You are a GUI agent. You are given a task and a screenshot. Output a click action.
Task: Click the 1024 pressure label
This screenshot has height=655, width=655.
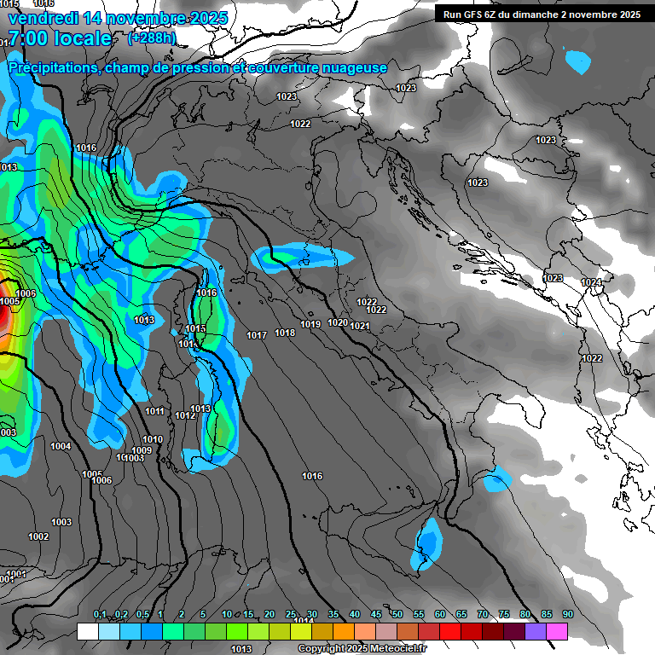point(591,282)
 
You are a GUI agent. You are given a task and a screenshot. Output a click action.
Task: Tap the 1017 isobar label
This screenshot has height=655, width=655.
point(257,335)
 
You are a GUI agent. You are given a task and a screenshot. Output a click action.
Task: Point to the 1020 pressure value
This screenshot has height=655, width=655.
point(338,322)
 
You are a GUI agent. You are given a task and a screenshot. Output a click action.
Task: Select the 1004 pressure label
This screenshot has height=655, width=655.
point(61,446)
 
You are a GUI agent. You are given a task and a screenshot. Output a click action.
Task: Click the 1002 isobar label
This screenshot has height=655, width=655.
point(38,536)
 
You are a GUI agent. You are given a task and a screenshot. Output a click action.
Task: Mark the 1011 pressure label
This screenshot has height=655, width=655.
point(154,411)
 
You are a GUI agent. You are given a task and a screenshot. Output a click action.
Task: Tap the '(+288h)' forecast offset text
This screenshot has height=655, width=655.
point(152,38)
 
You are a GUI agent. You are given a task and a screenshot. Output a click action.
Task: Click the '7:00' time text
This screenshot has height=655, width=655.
point(25,39)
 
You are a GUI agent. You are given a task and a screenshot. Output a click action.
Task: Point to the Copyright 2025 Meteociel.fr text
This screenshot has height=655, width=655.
point(362,648)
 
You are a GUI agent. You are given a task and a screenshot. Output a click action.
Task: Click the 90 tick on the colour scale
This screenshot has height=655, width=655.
point(568,614)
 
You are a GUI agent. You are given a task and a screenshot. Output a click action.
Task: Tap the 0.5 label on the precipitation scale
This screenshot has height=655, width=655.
point(142,614)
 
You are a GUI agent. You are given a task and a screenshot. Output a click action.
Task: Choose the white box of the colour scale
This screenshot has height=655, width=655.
point(88,631)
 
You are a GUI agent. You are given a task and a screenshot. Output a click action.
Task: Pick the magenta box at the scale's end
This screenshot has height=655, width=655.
point(557,631)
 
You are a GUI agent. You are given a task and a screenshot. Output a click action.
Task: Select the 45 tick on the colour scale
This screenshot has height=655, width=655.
point(376,614)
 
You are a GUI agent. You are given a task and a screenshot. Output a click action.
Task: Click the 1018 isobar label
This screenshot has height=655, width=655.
point(285,333)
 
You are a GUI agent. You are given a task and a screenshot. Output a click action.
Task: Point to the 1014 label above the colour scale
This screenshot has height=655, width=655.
point(303,620)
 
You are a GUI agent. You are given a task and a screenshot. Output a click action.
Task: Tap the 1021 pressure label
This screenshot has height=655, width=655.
point(359,326)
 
